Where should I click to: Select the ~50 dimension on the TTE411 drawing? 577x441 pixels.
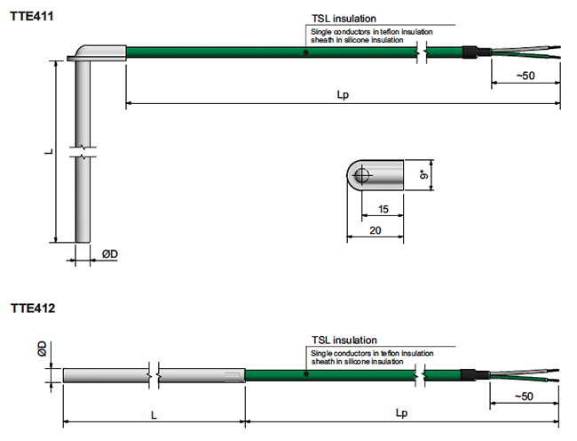tap(525, 76)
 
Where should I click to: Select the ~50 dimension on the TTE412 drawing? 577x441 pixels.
tap(525, 396)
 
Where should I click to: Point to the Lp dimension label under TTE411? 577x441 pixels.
tap(343, 95)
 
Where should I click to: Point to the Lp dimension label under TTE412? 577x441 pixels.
tap(402, 413)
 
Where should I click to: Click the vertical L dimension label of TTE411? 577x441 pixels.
tap(50, 151)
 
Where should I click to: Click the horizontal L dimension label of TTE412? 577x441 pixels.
tap(154, 413)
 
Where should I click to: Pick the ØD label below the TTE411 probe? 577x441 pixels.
tap(110, 254)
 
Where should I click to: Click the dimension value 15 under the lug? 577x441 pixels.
tap(383, 209)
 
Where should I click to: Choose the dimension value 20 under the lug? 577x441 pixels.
tap(375, 229)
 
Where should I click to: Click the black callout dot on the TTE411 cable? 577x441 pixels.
tap(305, 52)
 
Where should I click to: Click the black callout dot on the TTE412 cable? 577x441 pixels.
tap(305, 374)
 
